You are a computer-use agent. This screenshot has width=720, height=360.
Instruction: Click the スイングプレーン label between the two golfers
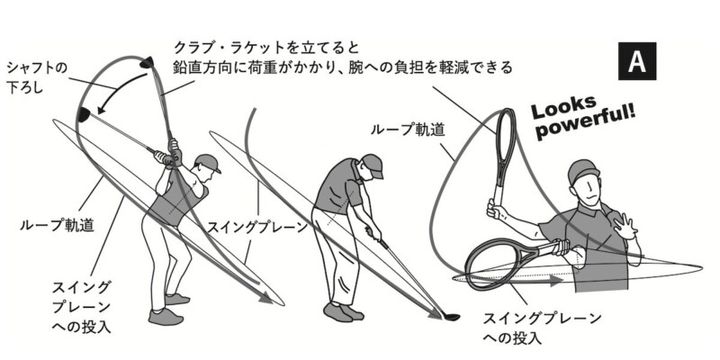tap(257, 227)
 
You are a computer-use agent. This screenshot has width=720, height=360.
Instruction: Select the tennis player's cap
tap(581, 171)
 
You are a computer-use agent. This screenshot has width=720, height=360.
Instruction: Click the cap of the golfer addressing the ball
tap(371, 162)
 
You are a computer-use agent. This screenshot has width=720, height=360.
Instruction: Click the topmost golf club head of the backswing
tap(146, 63)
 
